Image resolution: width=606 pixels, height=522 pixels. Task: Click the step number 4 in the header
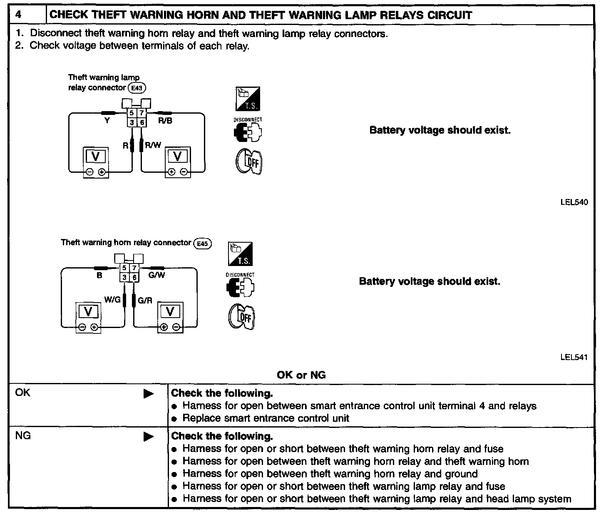[x=18, y=15]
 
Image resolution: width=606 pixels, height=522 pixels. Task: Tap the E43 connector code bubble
[x=137, y=88]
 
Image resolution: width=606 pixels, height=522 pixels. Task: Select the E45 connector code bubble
[x=203, y=244]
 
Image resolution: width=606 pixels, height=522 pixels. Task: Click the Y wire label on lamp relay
[x=107, y=121]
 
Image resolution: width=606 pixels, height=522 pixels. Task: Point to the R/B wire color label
[x=165, y=121]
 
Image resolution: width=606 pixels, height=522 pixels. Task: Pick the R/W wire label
[x=153, y=145]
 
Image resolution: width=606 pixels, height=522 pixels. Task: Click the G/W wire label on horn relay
[x=156, y=275]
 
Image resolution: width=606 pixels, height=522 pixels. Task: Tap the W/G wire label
[x=112, y=300]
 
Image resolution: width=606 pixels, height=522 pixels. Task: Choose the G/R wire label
[x=144, y=300]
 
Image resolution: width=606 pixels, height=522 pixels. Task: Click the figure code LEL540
[x=574, y=203]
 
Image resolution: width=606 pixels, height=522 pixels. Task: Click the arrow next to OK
[x=148, y=394]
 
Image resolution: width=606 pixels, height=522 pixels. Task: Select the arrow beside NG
[x=148, y=437]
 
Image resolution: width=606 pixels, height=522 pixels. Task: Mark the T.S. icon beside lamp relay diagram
[x=248, y=99]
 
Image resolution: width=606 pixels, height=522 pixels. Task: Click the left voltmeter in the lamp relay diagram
[x=96, y=162]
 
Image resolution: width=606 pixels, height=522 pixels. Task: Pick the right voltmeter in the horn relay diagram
[x=170, y=317]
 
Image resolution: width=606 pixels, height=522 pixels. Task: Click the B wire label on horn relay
[x=99, y=275]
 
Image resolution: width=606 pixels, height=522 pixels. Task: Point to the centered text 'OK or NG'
[x=301, y=375]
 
